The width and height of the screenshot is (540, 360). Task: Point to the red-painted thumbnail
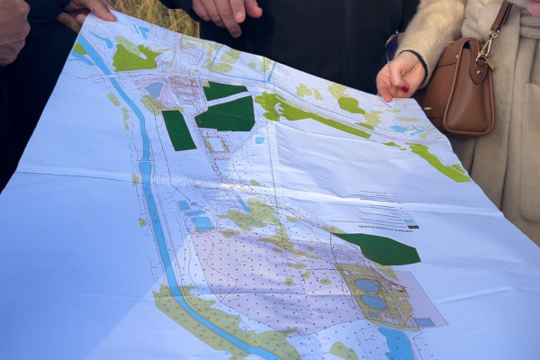[x=384, y=91]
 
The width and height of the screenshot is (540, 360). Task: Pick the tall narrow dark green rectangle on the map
[x=178, y=130]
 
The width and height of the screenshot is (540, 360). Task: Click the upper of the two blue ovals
[x=366, y=285]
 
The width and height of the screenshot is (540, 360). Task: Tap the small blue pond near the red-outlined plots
[x=154, y=89]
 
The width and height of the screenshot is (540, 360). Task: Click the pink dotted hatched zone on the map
[x=270, y=279]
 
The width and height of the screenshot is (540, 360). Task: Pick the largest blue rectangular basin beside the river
[x=202, y=221]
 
